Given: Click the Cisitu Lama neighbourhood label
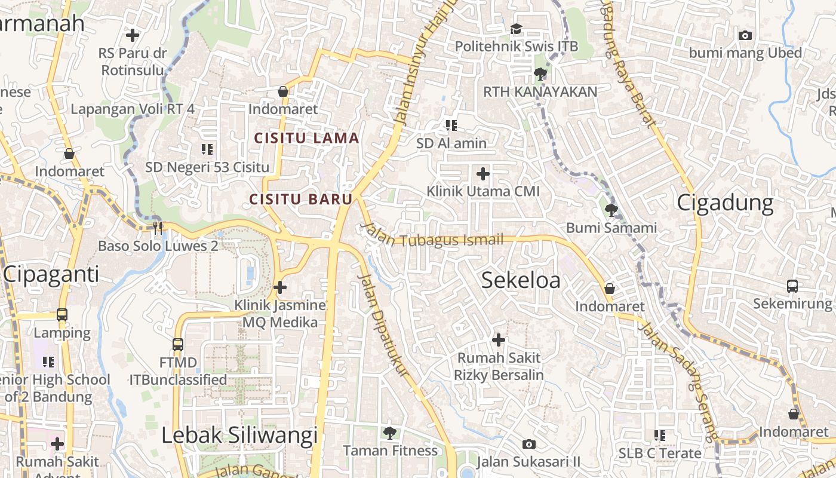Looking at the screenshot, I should [306, 138].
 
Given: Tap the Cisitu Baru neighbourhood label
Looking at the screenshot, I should [300, 199].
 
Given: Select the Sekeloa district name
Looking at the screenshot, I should [521, 280].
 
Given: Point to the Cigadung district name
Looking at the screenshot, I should [725, 203].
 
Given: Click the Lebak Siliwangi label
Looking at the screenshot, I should [239, 436].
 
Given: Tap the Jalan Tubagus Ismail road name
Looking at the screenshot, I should [435, 238].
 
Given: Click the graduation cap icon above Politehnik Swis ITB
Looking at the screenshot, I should [516, 29].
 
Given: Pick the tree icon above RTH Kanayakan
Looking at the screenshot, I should [540, 74].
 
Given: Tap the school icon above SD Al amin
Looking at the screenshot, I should [451, 125].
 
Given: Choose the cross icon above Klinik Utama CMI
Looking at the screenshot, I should [482, 174].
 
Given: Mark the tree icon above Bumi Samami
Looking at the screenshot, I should [611, 210].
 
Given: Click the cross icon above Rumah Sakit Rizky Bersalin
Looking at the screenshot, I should [498, 340].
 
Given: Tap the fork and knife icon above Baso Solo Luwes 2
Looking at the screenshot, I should [158, 228].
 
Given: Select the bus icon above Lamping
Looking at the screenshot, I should [62, 315].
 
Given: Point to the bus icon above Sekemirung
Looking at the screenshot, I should [792, 286].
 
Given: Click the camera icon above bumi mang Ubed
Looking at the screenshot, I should [745, 36].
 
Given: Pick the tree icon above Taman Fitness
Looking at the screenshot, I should [390, 432].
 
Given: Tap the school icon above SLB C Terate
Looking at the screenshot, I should [659, 436].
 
